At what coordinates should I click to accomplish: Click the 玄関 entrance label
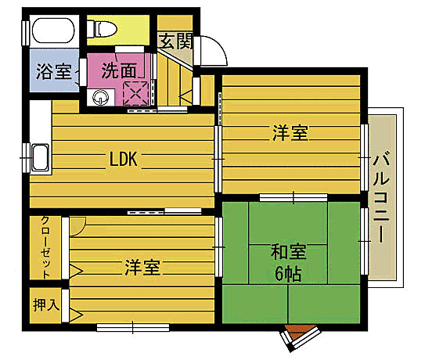point(175,41)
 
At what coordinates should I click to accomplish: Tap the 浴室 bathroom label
point(52,71)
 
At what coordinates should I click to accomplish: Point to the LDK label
point(123,160)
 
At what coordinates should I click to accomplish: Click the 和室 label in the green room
point(288,254)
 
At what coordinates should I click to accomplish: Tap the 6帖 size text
point(288,275)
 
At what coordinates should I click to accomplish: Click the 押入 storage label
point(46,304)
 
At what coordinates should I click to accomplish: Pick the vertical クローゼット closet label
point(45,247)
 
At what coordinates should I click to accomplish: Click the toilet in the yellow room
point(104,29)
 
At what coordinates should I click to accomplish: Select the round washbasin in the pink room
point(101,97)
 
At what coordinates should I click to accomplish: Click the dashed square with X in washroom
point(136,93)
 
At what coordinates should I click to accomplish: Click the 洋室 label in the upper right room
point(290,134)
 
